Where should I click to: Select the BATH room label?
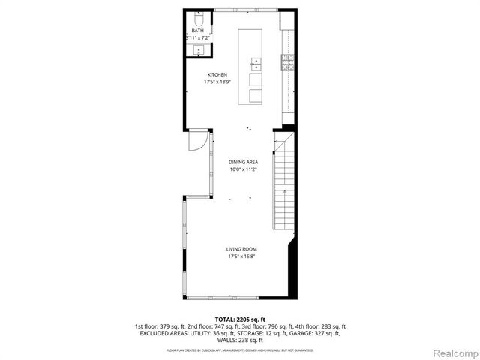click(197, 31)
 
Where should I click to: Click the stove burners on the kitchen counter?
click(286, 63)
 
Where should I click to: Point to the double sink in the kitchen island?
click(256, 63)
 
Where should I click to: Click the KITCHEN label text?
click(217, 75)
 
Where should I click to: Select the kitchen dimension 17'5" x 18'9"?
click(217, 82)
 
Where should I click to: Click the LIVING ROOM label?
click(242, 249)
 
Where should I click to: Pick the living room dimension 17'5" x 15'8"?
click(242, 256)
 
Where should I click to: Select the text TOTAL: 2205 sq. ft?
click(239, 319)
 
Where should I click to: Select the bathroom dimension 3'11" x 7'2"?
click(197, 37)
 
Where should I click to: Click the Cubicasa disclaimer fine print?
click(239, 349)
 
